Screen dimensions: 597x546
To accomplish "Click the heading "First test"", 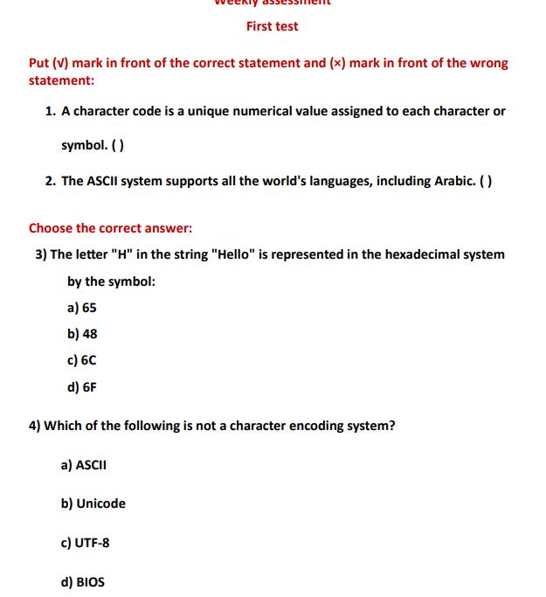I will tap(272, 26).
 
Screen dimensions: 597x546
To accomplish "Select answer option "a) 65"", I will tap(82, 308).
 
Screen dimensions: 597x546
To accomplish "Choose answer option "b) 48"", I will tap(82, 334).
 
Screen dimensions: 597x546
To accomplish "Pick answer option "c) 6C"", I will tap(82, 360).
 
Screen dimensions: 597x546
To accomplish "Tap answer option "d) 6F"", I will tap(82, 386).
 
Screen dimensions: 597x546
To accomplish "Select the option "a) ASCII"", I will tap(84, 465).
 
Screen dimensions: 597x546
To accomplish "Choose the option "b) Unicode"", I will tap(93, 503).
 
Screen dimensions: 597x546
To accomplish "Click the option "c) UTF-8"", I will tap(86, 543).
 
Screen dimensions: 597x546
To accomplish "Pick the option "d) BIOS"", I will tap(83, 581).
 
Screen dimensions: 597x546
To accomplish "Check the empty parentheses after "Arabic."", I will tap(487, 181).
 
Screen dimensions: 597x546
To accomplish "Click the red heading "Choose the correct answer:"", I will tap(110, 228).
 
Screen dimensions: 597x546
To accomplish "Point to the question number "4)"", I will tap(34, 426).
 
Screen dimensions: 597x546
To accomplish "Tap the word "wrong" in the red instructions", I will tap(488, 63).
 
